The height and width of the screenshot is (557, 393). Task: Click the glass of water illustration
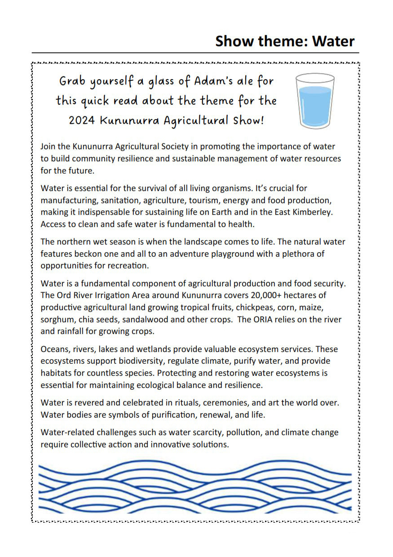pos(314,101)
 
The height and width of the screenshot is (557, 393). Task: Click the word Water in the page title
pos(333,41)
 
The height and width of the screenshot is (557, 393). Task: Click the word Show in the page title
pos(236,41)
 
